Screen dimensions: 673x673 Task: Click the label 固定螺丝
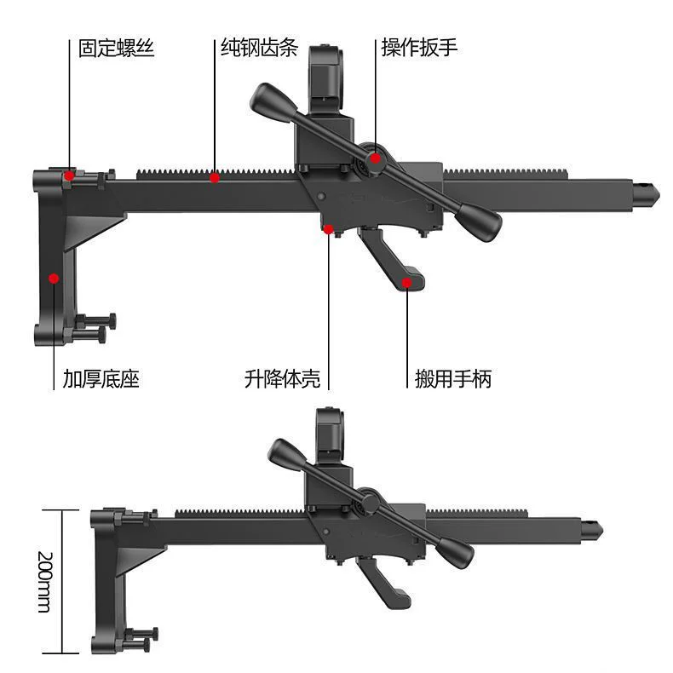(116, 48)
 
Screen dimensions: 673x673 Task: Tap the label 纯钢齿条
(260, 47)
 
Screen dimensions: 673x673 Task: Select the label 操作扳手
(419, 47)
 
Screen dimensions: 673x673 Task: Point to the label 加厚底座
(101, 379)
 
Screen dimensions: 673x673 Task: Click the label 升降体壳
(283, 379)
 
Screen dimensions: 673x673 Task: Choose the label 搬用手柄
(453, 379)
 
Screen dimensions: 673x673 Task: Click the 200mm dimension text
(45, 582)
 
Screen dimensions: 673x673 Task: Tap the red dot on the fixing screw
(69, 175)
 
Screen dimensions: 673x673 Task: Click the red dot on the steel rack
(215, 177)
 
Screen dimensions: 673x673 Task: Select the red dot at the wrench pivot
(376, 158)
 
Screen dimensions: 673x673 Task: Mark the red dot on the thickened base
(54, 279)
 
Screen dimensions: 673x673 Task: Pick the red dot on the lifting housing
(328, 229)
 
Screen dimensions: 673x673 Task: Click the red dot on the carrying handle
(407, 283)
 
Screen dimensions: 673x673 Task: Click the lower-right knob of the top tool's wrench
(479, 221)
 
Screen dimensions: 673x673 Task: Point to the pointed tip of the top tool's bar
(659, 190)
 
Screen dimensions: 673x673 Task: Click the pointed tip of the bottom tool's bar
(602, 531)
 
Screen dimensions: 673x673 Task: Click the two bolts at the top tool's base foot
(95, 328)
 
